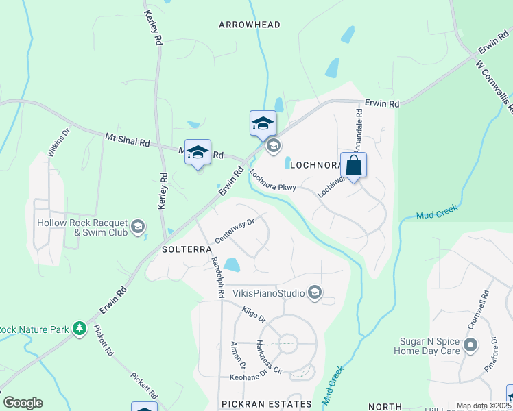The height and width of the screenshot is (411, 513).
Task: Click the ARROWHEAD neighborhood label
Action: point(250,25)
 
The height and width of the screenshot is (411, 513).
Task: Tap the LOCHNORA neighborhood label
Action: point(316,165)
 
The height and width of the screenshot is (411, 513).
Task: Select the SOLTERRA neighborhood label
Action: point(187,249)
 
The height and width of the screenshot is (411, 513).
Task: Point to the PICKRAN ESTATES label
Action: point(267,404)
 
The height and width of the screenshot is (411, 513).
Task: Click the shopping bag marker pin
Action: point(353,166)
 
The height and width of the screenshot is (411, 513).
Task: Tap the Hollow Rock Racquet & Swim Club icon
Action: point(138,227)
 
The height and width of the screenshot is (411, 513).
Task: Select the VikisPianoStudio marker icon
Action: point(315,293)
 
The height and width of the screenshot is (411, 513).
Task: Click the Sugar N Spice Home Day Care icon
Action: point(470,345)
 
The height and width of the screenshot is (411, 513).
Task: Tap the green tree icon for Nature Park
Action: point(80,329)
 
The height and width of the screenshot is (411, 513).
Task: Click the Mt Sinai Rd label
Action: point(127,140)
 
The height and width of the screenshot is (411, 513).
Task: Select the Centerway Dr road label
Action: point(235,230)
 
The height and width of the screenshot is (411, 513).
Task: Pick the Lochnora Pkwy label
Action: point(272,182)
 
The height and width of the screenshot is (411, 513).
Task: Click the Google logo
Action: point(23,403)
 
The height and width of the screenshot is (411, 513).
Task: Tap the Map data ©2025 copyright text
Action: point(484,406)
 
